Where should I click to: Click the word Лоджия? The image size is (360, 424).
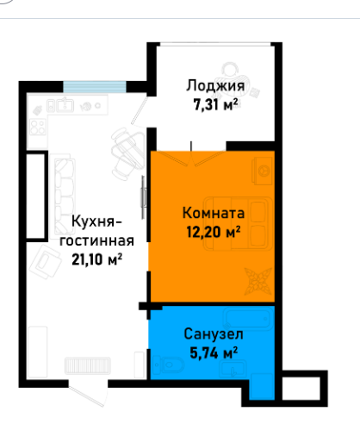click(215, 86)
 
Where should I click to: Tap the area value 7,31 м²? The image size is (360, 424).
click(215, 104)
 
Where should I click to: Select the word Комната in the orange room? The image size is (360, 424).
click(214, 213)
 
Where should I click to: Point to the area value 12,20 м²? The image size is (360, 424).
click(214, 232)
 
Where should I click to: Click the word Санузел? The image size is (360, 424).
click(214, 334)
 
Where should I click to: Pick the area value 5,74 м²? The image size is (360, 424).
click(214, 352)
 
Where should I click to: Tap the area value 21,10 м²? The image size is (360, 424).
click(97, 259)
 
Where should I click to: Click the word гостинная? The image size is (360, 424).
click(96, 241)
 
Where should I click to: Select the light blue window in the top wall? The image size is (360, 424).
click(95, 87)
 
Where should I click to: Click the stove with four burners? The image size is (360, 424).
click(38, 128)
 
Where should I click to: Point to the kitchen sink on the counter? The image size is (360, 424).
click(60, 105)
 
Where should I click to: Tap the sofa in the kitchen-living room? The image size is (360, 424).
click(63, 196)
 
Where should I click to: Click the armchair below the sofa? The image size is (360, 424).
click(46, 262)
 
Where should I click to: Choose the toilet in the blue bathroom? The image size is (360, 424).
click(167, 365)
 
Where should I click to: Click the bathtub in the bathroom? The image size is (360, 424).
click(248, 319)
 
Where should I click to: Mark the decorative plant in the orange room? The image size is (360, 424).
click(258, 282)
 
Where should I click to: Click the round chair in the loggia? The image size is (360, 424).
click(232, 75)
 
